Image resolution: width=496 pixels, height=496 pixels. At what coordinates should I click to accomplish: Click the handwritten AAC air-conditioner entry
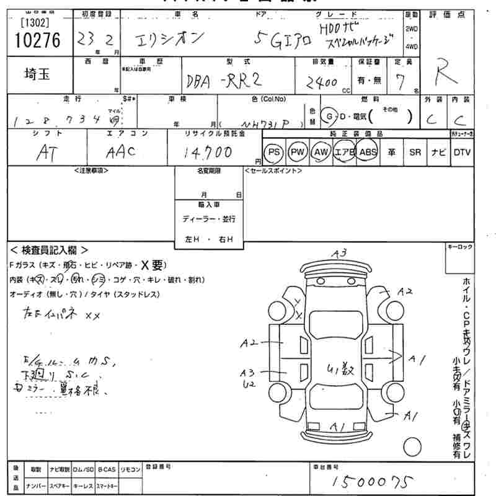pyautogui.click(x=122, y=153)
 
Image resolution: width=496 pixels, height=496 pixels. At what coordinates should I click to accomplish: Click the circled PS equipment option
pyautogui.click(x=273, y=153)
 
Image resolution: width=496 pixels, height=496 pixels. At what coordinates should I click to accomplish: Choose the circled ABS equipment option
pyautogui.click(x=368, y=153)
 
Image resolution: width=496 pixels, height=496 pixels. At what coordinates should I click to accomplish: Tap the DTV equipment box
pyautogui.click(x=461, y=153)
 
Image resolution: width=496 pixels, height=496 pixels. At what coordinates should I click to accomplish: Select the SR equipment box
pyautogui.click(x=415, y=153)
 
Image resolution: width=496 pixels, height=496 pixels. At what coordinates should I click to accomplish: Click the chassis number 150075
pyautogui.click(x=372, y=480)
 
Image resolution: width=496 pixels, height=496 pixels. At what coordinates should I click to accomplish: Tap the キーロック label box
pyautogui.click(x=460, y=247)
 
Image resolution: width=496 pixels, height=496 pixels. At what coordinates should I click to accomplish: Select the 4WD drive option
pyautogui.click(x=410, y=46)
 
